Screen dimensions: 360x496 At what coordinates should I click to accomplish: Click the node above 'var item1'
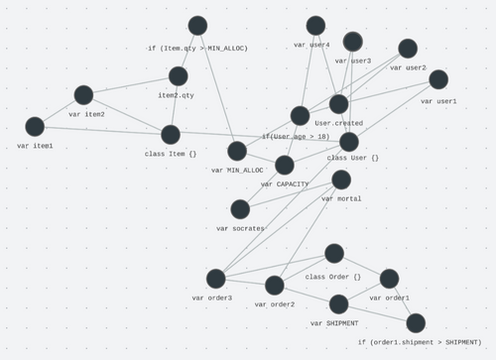point(35,127)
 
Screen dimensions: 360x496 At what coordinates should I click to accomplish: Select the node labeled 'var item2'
point(83,95)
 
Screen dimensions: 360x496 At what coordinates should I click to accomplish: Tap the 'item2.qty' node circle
point(179,76)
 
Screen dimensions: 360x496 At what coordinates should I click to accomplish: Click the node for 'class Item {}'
point(171,135)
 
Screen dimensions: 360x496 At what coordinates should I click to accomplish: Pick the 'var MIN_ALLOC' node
point(237,151)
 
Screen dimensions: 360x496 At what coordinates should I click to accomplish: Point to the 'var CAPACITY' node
point(285,165)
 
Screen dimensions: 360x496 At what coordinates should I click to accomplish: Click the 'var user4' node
point(315,26)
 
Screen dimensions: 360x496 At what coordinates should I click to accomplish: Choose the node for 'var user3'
point(353,42)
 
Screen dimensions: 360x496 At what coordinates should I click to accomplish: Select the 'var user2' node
point(408,49)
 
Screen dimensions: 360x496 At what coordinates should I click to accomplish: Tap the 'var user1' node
point(438,79)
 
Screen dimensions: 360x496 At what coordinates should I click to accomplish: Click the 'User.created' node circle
point(339,104)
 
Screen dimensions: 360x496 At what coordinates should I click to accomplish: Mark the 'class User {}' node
point(349,142)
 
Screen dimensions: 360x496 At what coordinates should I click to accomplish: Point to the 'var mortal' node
point(341,180)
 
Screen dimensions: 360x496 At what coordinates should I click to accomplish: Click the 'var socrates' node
point(240,209)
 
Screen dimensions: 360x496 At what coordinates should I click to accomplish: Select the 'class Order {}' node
point(334,254)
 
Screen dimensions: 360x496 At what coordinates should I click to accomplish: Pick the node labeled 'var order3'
point(216,279)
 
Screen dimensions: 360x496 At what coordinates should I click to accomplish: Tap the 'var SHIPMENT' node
point(339,304)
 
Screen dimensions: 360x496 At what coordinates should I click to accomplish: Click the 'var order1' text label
point(390,298)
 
